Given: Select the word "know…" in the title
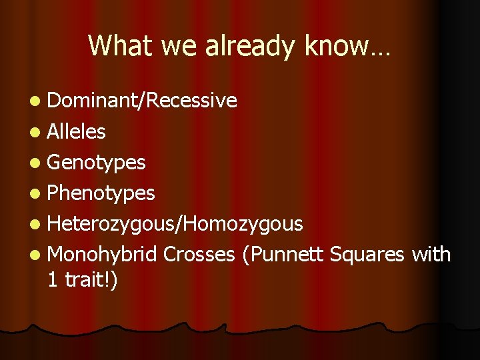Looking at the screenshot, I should click(x=347, y=45).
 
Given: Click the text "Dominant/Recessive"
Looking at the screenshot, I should click(x=142, y=101).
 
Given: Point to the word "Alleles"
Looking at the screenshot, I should click(x=77, y=131).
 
